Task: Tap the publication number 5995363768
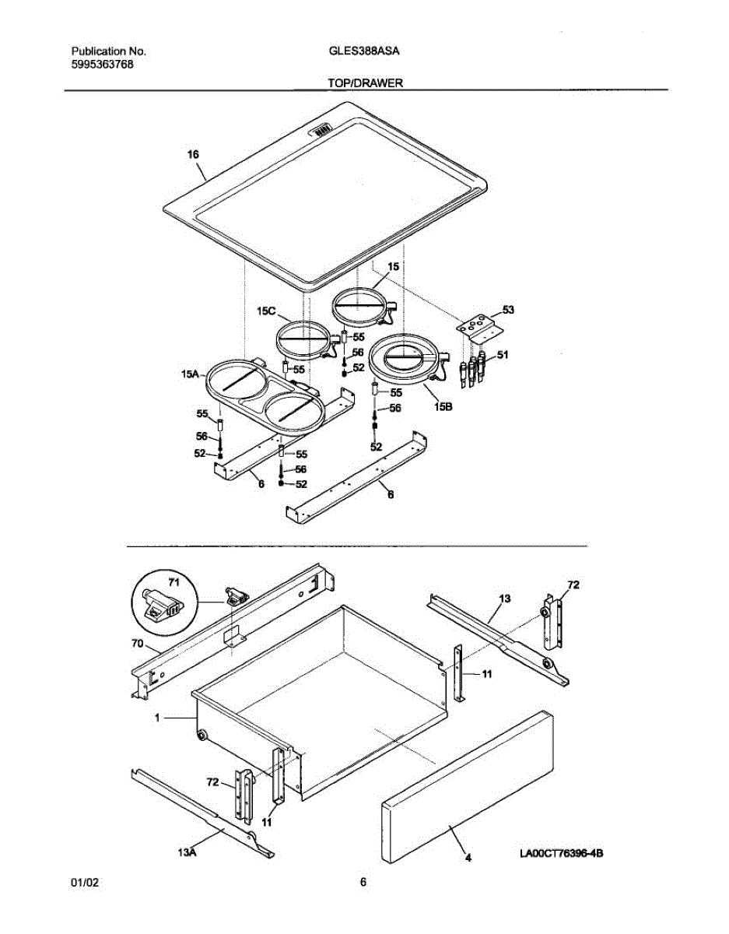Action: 101,65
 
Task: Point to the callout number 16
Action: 194,154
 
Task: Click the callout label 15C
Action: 267,311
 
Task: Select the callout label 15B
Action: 444,406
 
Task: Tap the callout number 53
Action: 508,310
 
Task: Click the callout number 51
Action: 503,355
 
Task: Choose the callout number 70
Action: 138,644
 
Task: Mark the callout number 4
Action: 468,859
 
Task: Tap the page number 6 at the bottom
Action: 363,883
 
